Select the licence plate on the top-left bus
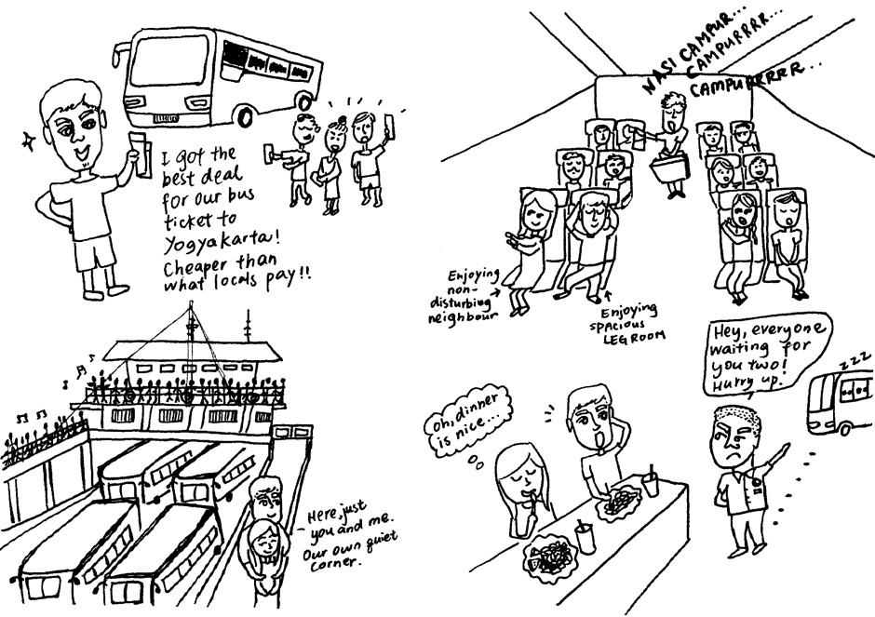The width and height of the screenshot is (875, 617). click(166, 119)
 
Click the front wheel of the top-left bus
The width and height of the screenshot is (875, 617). click(245, 117)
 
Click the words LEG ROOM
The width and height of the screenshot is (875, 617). click(635, 336)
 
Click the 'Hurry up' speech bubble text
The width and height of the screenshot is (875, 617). click(749, 383)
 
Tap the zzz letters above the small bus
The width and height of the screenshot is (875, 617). click(854, 361)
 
